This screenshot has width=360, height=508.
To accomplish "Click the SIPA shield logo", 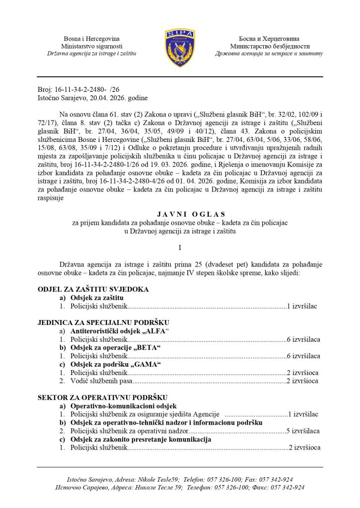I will click(180, 48).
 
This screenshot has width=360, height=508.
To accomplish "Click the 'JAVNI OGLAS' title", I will click(180, 214).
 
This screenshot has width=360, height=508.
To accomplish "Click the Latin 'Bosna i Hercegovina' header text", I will click(91, 39).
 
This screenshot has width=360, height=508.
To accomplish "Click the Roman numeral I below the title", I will click(180, 247).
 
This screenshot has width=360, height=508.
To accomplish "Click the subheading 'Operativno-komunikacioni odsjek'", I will click(121, 406).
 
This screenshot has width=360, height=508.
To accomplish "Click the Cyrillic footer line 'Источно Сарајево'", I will click(180, 488).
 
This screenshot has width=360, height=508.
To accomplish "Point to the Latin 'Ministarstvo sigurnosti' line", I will click(91, 46).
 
